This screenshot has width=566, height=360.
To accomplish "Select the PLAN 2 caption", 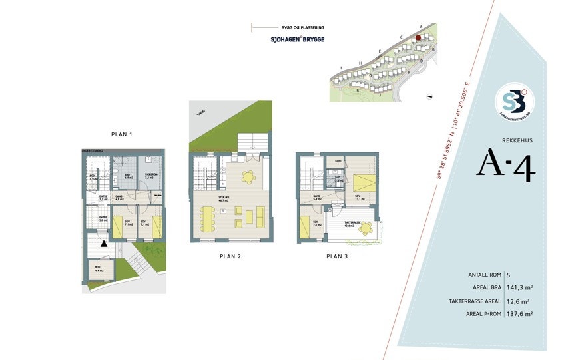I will [x=230, y=256].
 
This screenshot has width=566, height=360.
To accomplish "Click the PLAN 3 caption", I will [x=337, y=256].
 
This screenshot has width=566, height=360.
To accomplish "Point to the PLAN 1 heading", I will [x=122, y=134].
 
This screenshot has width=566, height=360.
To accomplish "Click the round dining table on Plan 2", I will [x=248, y=177].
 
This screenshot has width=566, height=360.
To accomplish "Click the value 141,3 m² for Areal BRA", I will [x=521, y=288].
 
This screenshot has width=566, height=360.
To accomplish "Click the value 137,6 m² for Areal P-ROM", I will [x=521, y=313].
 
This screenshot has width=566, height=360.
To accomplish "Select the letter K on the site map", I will [x=358, y=90].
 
